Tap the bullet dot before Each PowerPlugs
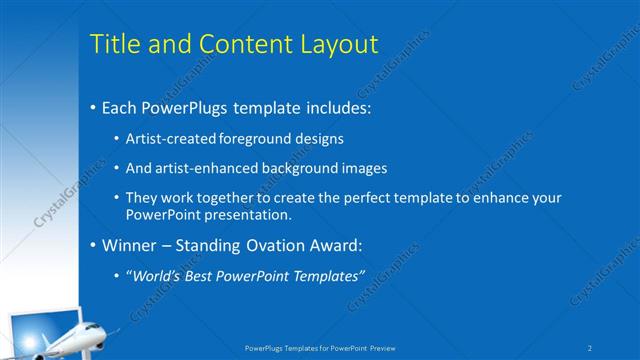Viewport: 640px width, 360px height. [x=93, y=107]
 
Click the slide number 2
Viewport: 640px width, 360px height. [x=590, y=348]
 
